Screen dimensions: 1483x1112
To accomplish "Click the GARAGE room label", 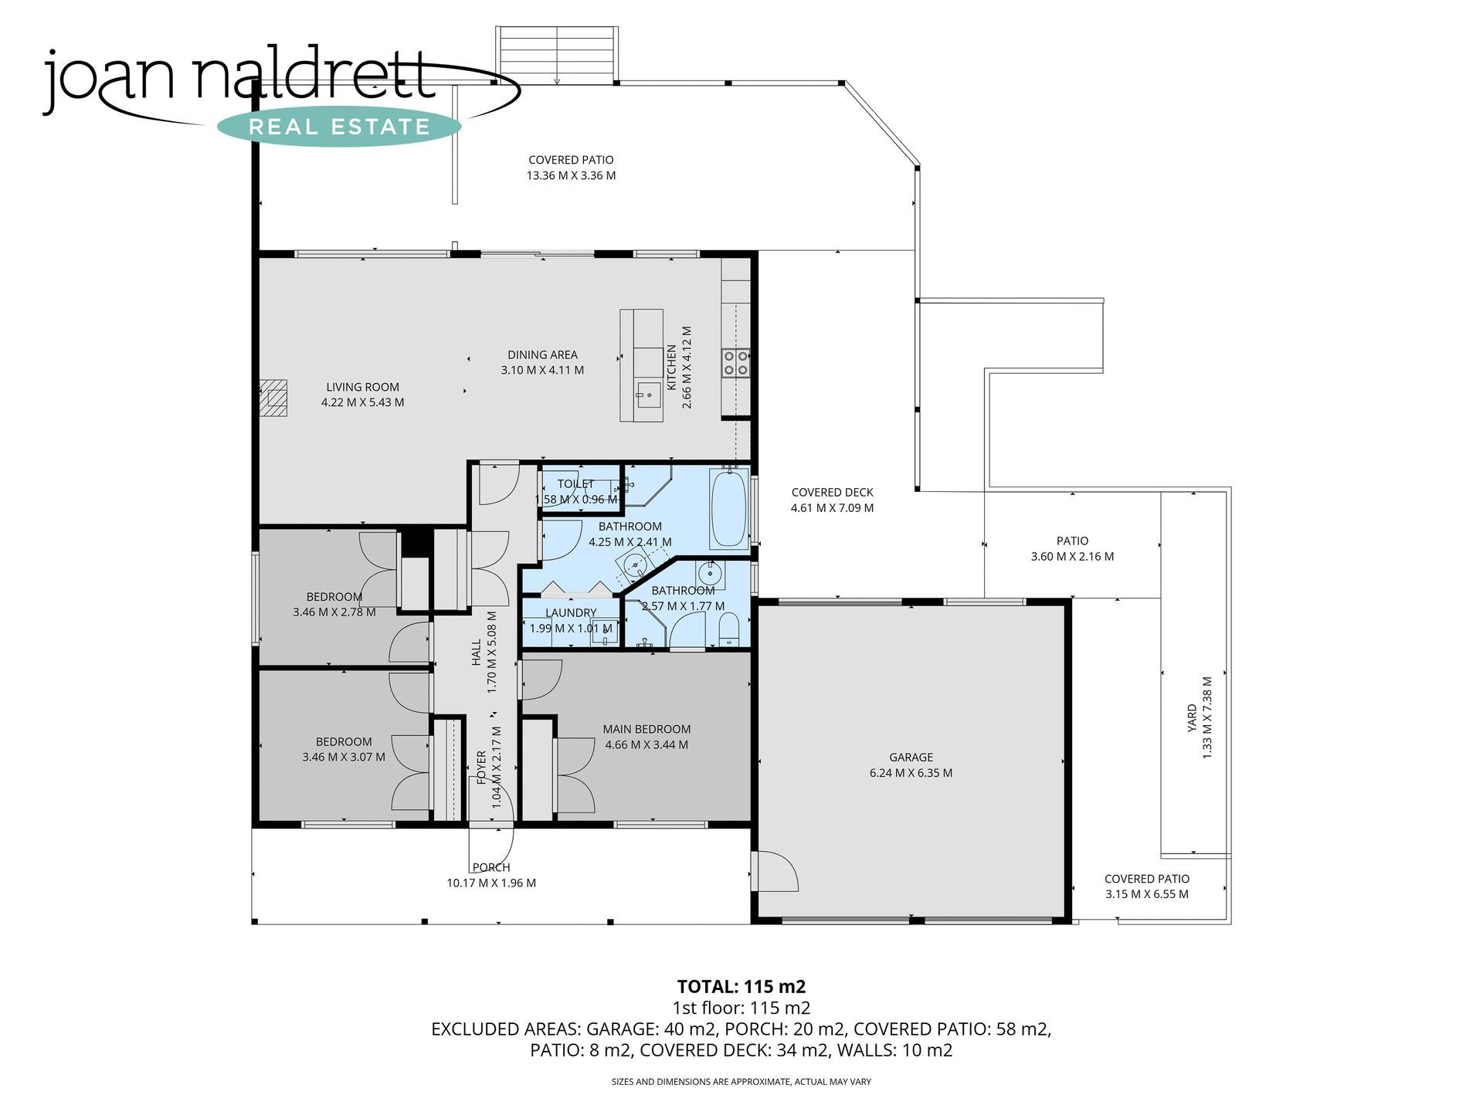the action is pyautogui.click(x=911, y=758).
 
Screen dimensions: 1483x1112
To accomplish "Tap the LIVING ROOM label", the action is pyautogui.click(x=362, y=388).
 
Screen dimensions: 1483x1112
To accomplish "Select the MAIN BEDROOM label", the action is pyautogui.click(x=646, y=729).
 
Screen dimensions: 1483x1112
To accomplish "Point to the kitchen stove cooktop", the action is pyautogui.click(x=735, y=363).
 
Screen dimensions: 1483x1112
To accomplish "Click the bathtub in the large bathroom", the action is pyautogui.click(x=729, y=508).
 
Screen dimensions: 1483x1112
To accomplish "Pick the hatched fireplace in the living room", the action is pyautogui.click(x=273, y=398).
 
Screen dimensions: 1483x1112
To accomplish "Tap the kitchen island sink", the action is pyautogui.click(x=648, y=398).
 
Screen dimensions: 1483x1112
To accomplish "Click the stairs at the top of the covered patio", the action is pyautogui.click(x=557, y=54).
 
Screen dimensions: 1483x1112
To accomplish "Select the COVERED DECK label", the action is pyautogui.click(x=833, y=493).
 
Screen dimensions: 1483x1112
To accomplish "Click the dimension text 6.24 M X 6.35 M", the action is pyautogui.click(x=911, y=773).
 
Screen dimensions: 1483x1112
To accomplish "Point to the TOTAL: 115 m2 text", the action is pyautogui.click(x=741, y=986).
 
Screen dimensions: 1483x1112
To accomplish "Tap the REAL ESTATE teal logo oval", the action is pyautogui.click(x=339, y=127).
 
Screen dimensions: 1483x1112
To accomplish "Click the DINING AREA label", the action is pyautogui.click(x=542, y=355).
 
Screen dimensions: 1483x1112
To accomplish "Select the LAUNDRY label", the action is pyautogui.click(x=571, y=613).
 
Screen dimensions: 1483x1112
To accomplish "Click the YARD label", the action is pyautogui.click(x=1192, y=718).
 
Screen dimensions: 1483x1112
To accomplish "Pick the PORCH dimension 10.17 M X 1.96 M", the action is pyautogui.click(x=491, y=883).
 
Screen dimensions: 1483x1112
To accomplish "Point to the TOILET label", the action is pyautogui.click(x=575, y=484).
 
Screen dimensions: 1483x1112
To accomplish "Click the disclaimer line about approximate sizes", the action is pyautogui.click(x=741, y=1082).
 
